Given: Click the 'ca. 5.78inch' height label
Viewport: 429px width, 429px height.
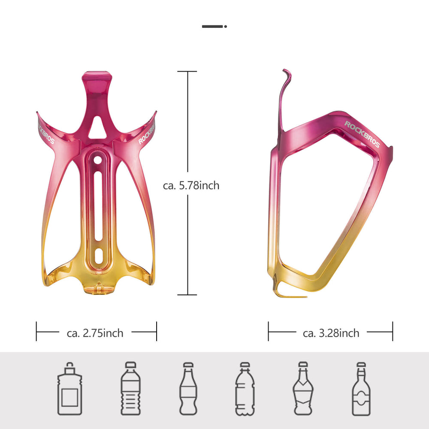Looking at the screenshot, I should tap(191, 186).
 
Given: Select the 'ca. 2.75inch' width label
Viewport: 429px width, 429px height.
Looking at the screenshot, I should tap(95, 333).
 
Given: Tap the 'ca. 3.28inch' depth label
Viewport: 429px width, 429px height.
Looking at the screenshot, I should tap(331, 333).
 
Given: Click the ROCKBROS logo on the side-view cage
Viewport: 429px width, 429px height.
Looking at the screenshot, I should tap(362, 134).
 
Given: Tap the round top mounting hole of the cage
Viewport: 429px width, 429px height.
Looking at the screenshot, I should tap(98, 160).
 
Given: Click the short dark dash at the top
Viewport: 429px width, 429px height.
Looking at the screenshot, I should tap(213, 27).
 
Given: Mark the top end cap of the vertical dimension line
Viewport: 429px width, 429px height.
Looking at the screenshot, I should tap(187, 72).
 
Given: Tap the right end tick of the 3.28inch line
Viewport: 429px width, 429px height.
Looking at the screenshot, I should tap(392, 332).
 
